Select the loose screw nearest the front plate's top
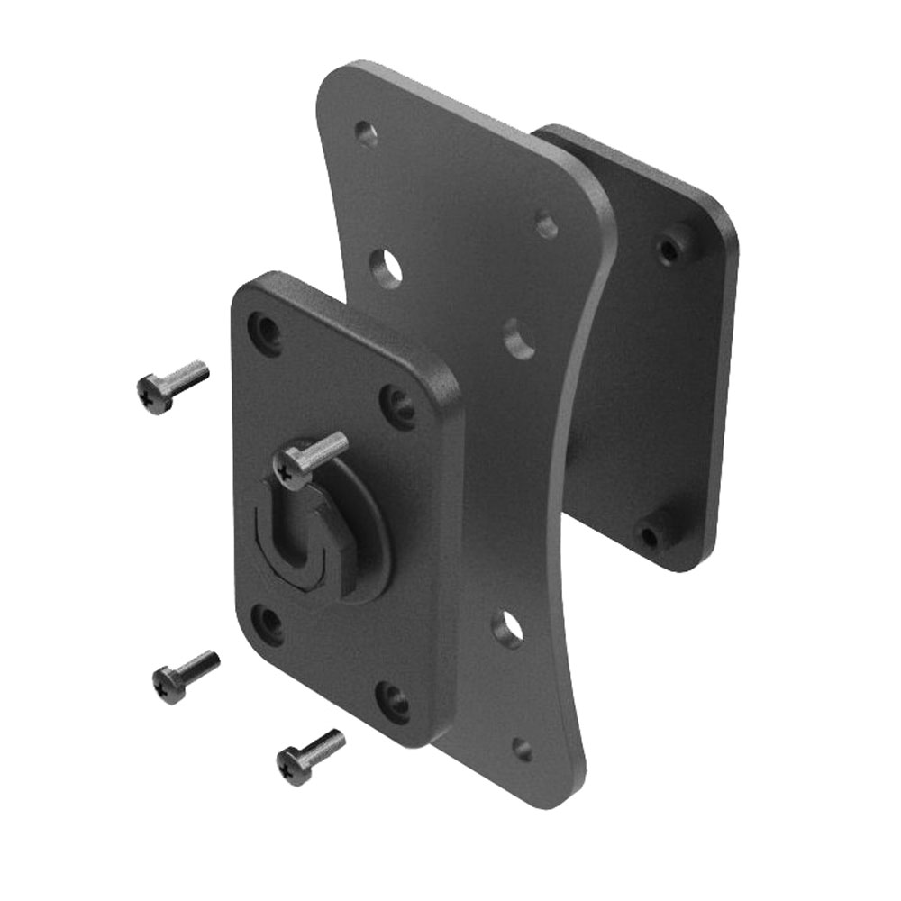pos(173,385)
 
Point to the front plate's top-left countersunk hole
pos(265,330)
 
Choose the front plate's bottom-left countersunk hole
pos(267,621)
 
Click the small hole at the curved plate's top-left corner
pos(366,134)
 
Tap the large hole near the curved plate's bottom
pos(508,627)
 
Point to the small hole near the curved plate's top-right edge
pos(547,224)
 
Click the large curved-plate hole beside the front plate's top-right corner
pos(518,336)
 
